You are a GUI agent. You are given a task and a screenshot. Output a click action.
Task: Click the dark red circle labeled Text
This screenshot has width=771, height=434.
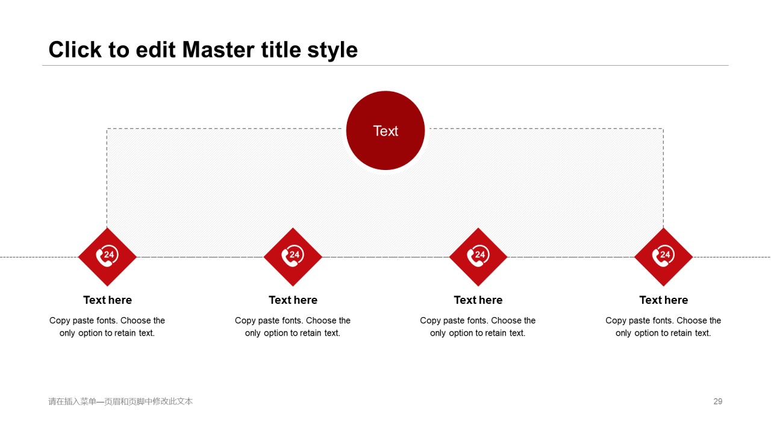(385, 131)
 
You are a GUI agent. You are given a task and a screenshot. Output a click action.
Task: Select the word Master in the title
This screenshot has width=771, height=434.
(218, 49)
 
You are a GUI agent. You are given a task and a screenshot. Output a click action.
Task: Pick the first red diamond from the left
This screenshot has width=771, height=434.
(107, 257)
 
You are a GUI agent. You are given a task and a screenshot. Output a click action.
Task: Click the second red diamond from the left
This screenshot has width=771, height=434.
(293, 257)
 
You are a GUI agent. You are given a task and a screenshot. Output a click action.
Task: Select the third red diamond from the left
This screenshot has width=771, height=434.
(478, 257)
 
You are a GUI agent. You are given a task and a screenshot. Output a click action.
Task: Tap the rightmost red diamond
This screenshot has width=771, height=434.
(664, 257)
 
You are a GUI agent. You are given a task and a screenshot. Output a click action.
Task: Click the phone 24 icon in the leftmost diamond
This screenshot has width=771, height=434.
(107, 256)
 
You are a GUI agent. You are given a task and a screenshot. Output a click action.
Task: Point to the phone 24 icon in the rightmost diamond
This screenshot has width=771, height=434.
(663, 256)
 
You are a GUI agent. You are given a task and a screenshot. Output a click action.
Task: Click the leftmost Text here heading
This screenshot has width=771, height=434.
(107, 300)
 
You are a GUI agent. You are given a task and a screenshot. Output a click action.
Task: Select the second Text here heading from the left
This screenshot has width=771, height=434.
(293, 300)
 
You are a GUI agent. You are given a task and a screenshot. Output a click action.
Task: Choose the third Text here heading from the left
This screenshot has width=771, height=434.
(478, 300)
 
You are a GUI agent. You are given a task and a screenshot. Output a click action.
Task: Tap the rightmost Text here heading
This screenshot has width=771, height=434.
(664, 300)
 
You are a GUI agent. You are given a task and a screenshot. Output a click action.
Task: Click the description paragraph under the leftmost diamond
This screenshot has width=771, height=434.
(107, 327)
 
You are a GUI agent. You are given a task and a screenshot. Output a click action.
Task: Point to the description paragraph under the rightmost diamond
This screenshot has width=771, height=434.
(663, 327)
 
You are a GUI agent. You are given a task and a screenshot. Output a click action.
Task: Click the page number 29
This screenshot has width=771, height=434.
(717, 401)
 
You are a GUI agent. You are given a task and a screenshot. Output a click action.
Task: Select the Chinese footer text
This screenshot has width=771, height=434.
(120, 401)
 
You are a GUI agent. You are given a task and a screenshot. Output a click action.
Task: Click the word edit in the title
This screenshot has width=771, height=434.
(155, 49)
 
